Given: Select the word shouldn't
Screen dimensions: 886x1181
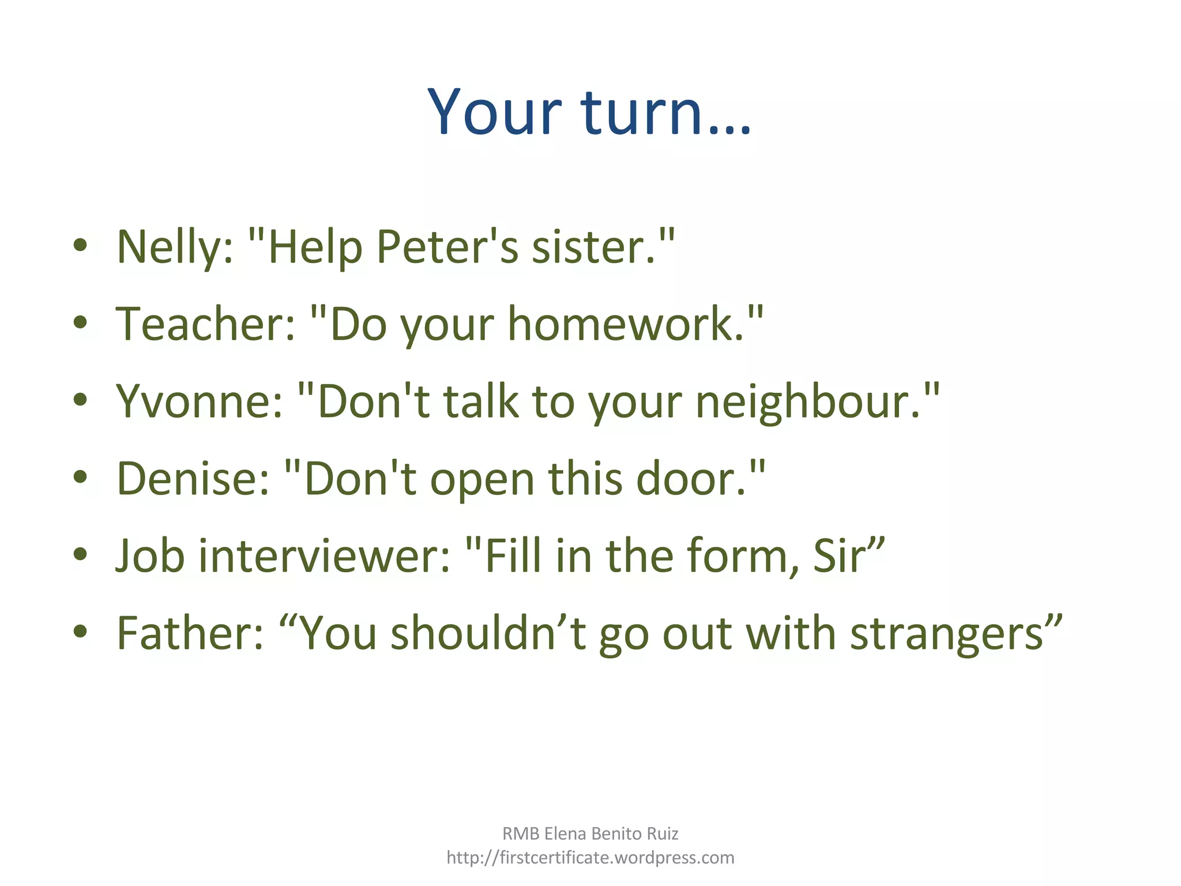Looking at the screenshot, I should pyautogui.click(x=488, y=633).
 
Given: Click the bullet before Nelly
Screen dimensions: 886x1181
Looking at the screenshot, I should pyautogui.click(x=80, y=245).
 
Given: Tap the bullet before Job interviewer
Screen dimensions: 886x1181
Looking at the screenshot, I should pyautogui.click(x=80, y=554).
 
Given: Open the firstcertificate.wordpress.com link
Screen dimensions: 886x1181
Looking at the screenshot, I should pyautogui.click(x=590, y=858).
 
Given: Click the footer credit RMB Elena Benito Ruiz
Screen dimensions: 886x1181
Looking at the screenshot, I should pyautogui.click(x=590, y=834).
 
